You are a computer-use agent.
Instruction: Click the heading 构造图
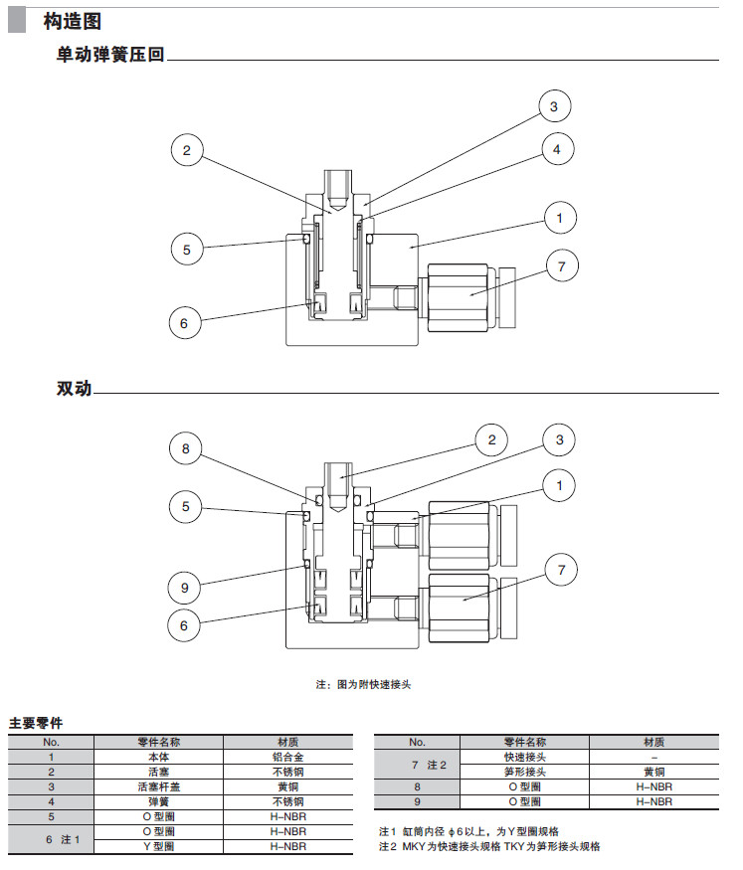tap(73, 21)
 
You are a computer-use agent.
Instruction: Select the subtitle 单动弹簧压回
tap(110, 56)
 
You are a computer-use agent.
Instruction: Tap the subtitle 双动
tap(75, 389)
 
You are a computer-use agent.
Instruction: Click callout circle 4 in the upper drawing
tap(558, 150)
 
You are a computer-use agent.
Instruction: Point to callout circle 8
tap(185, 449)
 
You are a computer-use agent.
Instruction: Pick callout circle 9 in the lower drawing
tap(185, 588)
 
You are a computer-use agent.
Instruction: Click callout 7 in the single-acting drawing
tap(562, 265)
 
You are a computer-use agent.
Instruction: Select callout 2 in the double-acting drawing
tap(490, 439)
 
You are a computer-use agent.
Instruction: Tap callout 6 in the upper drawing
tap(185, 322)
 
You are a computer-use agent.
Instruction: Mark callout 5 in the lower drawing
tap(185, 506)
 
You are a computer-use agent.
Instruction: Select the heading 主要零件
tap(36, 723)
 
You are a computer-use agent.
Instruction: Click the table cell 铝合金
tap(288, 757)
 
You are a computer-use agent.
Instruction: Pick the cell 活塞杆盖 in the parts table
tap(158, 786)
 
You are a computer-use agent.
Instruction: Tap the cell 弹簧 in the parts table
tap(158, 801)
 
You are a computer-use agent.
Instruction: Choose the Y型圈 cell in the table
tap(158, 846)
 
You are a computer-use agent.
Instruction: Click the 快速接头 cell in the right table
tap(525, 757)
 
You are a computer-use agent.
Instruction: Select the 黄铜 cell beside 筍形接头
tap(653, 772)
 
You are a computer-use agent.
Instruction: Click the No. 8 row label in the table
tap(417, 786)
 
